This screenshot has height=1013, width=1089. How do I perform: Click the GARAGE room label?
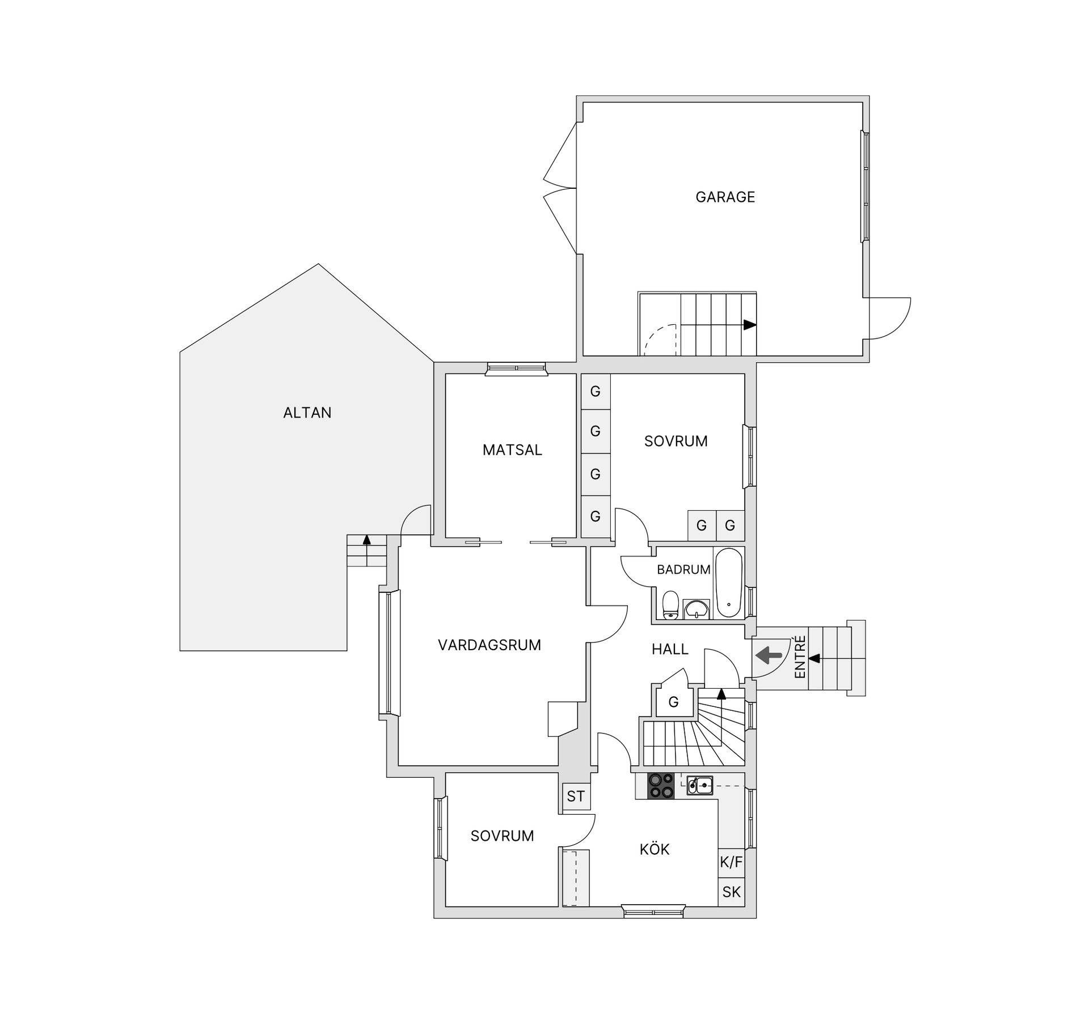point(725,197)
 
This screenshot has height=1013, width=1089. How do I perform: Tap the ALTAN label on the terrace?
point(307,413)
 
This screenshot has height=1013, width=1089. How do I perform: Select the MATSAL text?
point(512,450)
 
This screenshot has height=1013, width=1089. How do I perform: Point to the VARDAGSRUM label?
point(489,645)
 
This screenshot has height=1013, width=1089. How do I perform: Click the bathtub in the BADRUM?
point(729,583)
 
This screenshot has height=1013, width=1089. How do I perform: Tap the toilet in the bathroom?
point(671,604)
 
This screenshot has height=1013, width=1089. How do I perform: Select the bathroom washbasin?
point(695,609)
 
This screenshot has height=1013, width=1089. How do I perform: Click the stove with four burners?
point(661,786)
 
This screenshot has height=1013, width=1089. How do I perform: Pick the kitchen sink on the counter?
point(699,785)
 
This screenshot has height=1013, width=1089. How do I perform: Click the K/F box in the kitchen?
point(731,863)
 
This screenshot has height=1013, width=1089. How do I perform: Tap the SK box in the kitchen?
point(731,892)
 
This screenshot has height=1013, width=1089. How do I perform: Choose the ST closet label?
point(576,796)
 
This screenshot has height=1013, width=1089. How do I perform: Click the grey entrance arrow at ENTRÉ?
point(769,656)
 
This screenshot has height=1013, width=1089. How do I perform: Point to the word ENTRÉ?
point(800,657)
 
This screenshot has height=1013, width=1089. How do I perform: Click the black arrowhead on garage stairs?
point(750,325)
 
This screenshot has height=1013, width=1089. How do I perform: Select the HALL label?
point(670,650)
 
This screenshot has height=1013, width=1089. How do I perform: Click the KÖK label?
point(655,849)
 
